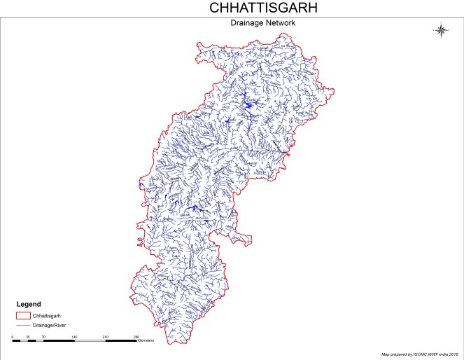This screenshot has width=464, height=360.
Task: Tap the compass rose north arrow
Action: [x=441, y=29]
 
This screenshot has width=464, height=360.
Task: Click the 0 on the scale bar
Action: [x=13, y=337]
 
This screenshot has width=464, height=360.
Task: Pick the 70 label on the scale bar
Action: [x=43, y=337]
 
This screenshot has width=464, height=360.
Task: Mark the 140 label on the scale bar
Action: [x=74, y=337]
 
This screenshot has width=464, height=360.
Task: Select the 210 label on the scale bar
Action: [x=105, y=337]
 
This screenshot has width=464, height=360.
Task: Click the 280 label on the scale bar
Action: [x=136, y=337]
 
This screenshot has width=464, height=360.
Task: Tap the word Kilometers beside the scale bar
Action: [x=146, y=341]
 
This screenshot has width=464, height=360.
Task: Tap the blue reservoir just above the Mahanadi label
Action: [x=197, y=209]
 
